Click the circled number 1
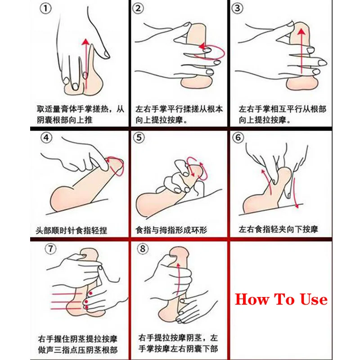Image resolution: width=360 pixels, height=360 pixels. click(45, 9)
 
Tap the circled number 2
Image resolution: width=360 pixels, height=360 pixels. click(138, 9)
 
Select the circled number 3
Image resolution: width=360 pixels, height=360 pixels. click(238, 9)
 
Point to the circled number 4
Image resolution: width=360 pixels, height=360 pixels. click(46, 138)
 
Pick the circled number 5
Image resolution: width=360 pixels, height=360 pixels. click(139, 138)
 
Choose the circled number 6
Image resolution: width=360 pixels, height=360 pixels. click(238, 138)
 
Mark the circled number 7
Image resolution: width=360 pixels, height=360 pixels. click(50, 249)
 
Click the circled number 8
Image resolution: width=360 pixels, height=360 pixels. click(143, 249)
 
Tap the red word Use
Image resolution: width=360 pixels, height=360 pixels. click(314, 299)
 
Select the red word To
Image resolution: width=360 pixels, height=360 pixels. click(284, 299)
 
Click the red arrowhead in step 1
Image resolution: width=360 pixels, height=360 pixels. click(85, 42)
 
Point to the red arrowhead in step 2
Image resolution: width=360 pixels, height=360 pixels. click(202, 46)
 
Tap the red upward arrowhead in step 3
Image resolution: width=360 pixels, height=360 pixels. click(301, 31)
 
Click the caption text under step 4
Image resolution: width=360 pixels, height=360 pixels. click(72, 230)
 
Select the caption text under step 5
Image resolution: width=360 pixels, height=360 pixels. click(171, 229)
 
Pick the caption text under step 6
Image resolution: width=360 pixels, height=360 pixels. click(278, 229)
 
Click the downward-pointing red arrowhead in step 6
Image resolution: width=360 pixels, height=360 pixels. click(297, 206)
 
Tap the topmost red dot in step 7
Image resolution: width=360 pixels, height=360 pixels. click(90, 293)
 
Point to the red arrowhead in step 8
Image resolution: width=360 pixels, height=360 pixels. click(178, 266)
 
